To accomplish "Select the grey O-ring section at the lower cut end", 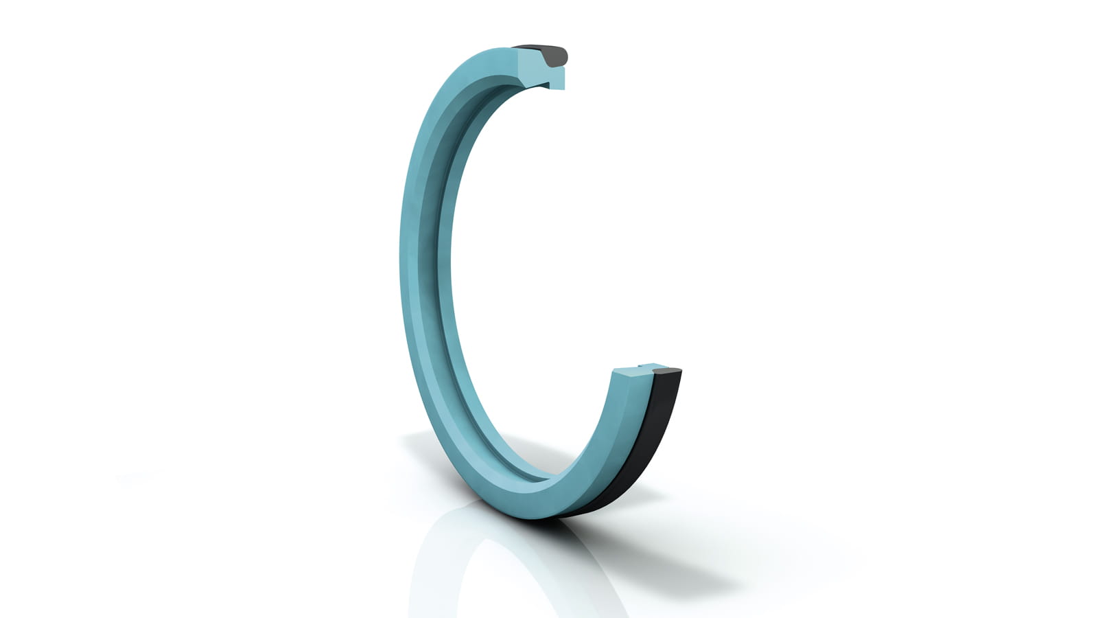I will click(x=667, y=373).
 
